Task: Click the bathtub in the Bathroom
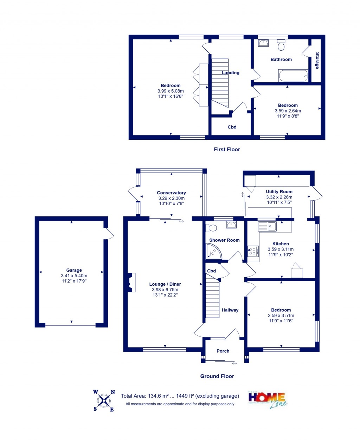pos(293,75)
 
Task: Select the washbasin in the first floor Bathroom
pos(263,43)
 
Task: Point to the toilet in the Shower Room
pos(212,228)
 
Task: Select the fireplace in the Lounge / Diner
pos(131,283)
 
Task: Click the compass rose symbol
pos(104,400)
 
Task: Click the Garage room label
pos(74,270)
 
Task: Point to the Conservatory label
pos(171,193)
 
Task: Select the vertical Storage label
pos(317,61)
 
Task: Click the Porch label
pos(223,351)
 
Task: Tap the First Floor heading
pos(227,150)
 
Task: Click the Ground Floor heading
pos(217,376)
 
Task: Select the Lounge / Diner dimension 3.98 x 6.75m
pos(165,290)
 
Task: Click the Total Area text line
pos(180,396)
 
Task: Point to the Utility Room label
pos(279,192)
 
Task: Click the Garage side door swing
pos(109,234)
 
